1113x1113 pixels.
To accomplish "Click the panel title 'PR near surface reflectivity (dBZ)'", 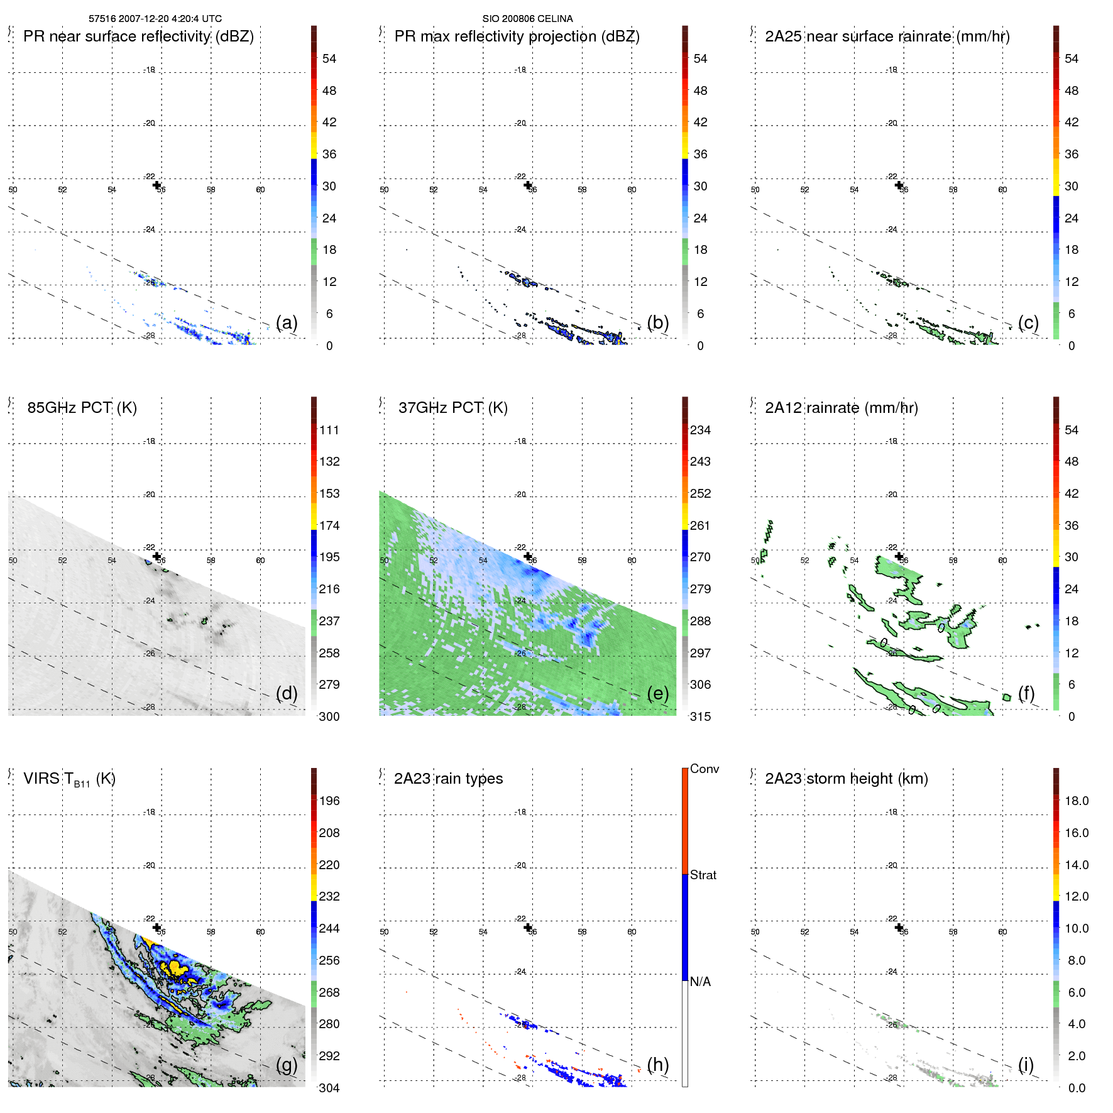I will (138, 36).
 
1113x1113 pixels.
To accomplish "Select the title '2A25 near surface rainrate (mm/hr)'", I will (887, 36).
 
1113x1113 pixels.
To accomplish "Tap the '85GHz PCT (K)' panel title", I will (82, 408).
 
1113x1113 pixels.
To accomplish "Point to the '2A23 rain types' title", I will (448, 779).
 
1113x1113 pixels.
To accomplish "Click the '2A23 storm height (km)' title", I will (846, 779).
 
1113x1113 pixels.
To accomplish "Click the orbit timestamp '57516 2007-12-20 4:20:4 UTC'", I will (155, 19).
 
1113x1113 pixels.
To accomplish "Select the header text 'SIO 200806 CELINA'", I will (527, 19).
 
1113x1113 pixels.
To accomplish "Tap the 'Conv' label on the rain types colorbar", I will (704, 769).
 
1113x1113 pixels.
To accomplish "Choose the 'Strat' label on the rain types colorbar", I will (703, 875).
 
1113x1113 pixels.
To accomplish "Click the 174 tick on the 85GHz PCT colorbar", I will (329, 525).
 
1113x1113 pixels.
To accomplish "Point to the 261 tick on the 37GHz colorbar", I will (700, 525).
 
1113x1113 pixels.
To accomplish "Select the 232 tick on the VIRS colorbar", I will (329, 897).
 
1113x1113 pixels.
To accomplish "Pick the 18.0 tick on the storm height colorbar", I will (1076, 801).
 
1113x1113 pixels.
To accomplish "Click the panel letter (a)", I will (287, 322).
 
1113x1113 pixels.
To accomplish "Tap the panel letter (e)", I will (657, 693).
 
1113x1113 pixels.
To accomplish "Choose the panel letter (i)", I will (1026, 1065).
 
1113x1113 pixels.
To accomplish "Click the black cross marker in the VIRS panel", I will (156, 928).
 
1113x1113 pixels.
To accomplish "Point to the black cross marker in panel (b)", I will (528, 185).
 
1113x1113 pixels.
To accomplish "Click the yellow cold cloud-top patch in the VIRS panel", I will (176, 968).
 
